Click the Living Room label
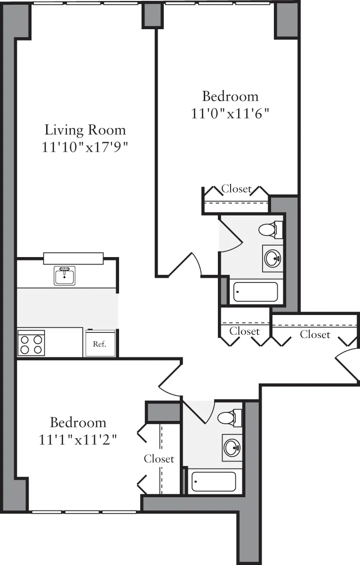click(x=85, y=129)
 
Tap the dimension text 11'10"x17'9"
click(x=85, y=147)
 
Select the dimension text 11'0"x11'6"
click(x=230, y=113)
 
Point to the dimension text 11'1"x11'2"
click(x=78, y=440)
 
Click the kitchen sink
click(x=64, y=275)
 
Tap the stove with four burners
click(x=31, y=343)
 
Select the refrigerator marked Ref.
click(x=99, y=343)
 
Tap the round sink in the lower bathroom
click(x=232, y=447)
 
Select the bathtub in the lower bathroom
click(x=214, y=482)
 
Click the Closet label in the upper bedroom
click(x=236, y=189)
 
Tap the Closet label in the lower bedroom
click(x=159, y=459)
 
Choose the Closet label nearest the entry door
click(x=315, y=334)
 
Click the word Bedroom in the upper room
click(x=230, y=96)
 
